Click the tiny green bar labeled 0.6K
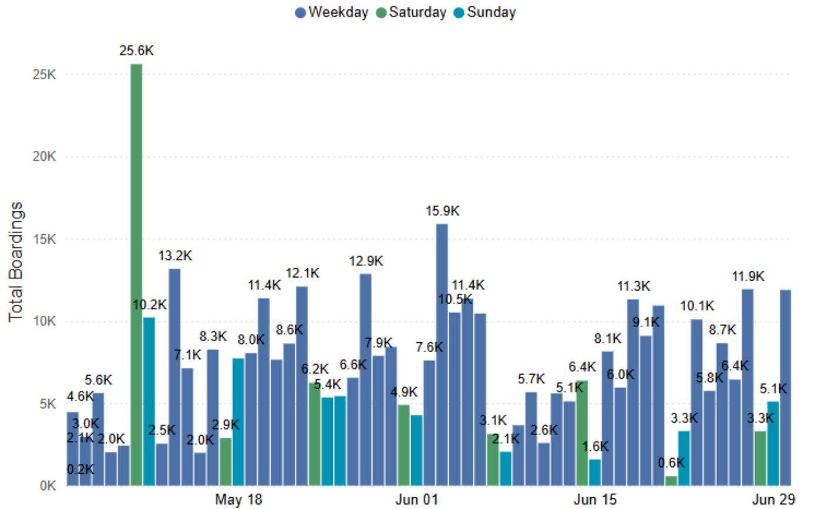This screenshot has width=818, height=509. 671,481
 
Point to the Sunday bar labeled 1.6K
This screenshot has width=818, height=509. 595,472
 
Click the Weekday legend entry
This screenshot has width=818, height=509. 332,12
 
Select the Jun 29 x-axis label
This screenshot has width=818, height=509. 774,499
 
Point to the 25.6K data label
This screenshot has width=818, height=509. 136,51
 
